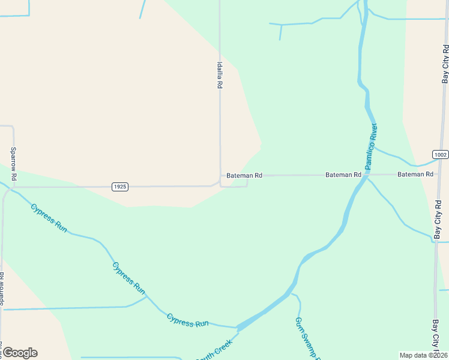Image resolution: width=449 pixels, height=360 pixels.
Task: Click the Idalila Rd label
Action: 220,76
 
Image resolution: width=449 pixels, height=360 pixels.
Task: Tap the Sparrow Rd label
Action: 13,164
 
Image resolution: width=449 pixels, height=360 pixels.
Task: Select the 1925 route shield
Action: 120,187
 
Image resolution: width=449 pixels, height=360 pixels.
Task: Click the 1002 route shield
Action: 440,154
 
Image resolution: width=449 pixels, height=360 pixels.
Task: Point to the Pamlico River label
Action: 372,145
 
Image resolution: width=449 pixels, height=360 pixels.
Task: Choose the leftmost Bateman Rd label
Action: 244,176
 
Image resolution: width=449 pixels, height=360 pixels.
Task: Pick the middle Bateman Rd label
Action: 343,175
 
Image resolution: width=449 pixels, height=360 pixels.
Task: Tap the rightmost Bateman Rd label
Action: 415,174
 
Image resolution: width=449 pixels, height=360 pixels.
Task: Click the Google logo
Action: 20,353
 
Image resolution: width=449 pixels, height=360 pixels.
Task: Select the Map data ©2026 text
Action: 423,355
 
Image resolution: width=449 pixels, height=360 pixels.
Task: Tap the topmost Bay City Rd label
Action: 445,62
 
